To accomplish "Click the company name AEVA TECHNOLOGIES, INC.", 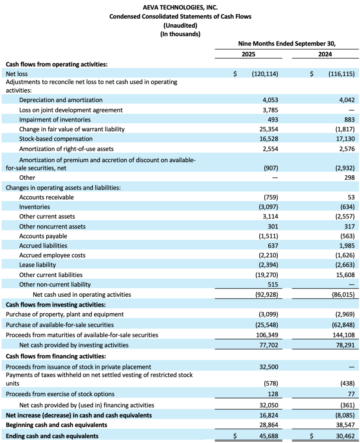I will click(x=180, y=7).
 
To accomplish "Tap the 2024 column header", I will click(x=325, y=55).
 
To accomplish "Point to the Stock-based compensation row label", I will click(x=56, y=139).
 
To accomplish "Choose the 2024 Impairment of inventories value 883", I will click(x=349, y=119).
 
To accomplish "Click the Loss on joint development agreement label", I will click(x=71, y=110).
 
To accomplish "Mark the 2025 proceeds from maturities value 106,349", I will click(x=267, y=335).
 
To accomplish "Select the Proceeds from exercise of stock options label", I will click(x=60, y=394).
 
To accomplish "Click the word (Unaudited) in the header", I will click(x=180, y=25).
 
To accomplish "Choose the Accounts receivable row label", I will click(x=46, y=197).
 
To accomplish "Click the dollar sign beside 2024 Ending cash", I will click(x=312, y=436).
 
